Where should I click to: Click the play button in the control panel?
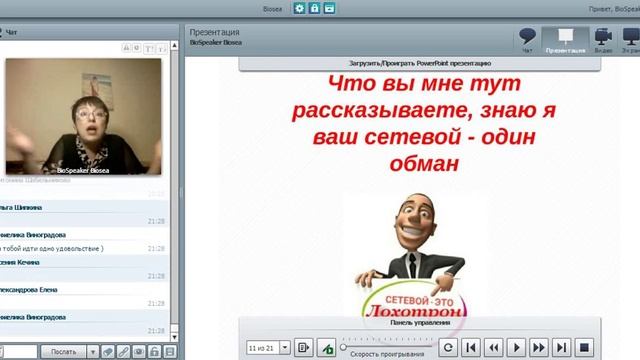(517, 347)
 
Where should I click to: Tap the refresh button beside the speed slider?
(449, 347)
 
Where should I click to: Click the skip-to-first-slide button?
(471, 347)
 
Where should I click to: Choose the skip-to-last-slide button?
(562, 347)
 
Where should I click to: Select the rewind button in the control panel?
(494, 347)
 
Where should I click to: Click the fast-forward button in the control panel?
(540, 347)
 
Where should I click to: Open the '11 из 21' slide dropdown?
(285, 347)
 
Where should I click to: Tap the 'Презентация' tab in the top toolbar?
(565, 40)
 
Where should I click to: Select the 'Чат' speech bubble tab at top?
(528, 40)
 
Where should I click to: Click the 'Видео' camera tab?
(603, 40)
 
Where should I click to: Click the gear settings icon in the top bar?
(300, 8)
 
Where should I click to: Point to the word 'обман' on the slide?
(411, 162)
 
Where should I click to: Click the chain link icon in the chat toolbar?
(123, 351)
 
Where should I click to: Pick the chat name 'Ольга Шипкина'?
(22, 207)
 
